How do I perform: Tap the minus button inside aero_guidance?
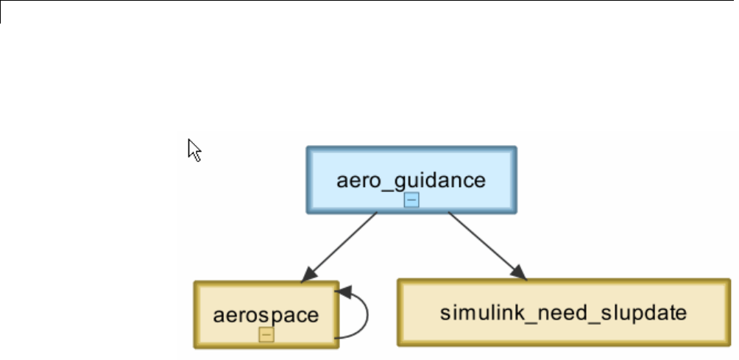[x=411, y=200]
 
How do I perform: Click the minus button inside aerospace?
[x=266, y=334]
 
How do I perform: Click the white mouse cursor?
[x=194, y=149]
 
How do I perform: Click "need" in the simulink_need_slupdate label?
[x=542, y=312]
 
